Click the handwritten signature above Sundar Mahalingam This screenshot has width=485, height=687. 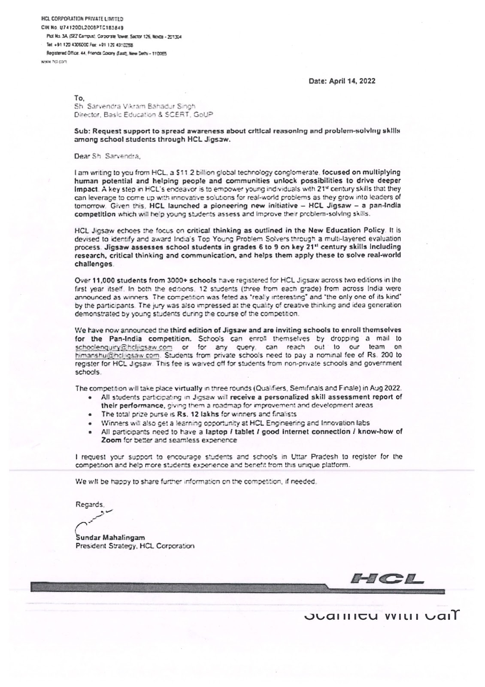pyautogui.click(x=94, y=518)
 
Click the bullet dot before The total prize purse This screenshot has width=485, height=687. pyautogui.click(x=88, y=415)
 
